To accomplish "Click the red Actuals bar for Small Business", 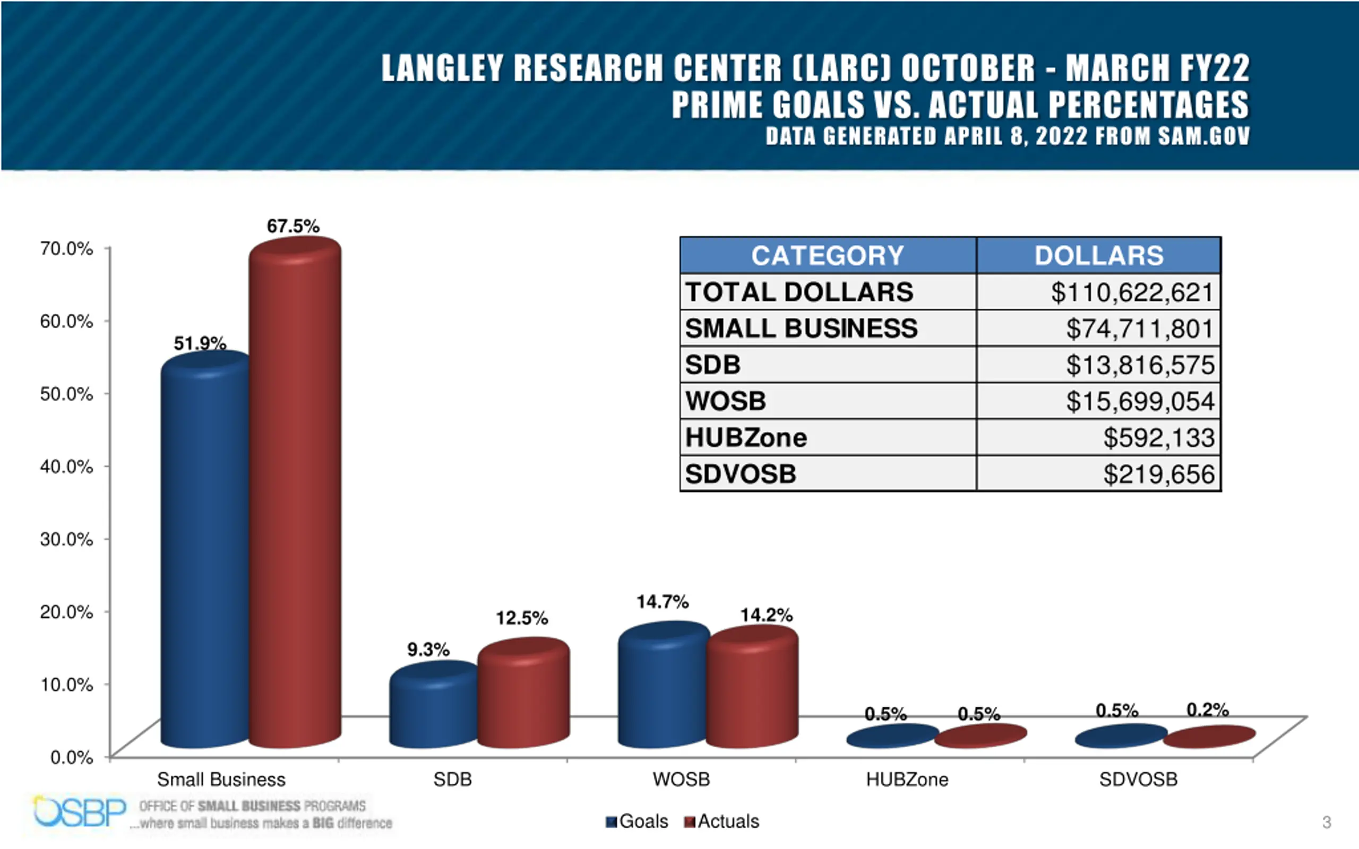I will click(295, 494).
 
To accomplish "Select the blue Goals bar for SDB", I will click(433, 707).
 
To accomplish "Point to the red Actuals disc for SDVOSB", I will click(1209, 737).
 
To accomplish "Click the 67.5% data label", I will click(293, 226).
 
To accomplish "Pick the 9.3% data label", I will click(428, 649).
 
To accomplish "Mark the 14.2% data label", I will click(766, 616).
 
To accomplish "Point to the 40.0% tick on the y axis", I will click(66, 466).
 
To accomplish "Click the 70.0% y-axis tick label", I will click(66, 248).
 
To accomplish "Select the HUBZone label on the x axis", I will click(907, 779).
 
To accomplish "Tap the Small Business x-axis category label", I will click(221, 779).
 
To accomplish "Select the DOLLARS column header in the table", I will click(1098, 255).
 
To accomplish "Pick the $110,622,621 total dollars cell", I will click(1132, 292).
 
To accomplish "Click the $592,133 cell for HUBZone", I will click(1158, 438).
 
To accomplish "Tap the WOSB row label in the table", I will click(726, 402).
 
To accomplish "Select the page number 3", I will click(1327, 822).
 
